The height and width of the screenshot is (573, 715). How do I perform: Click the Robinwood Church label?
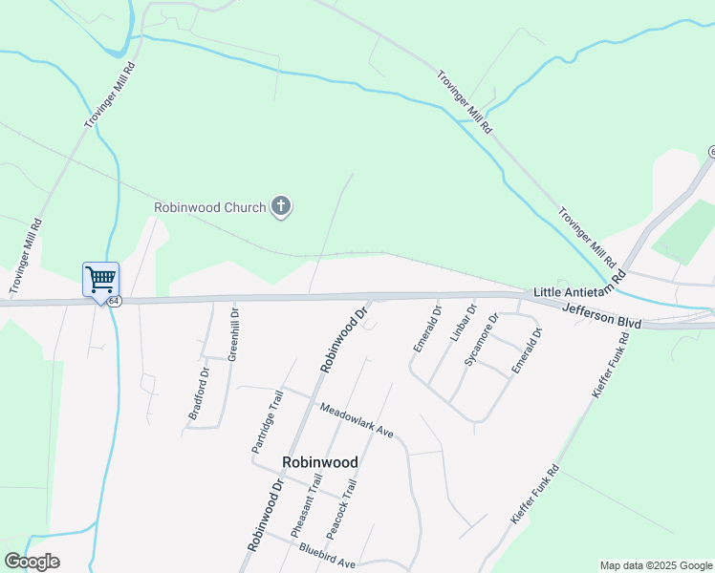(x=210, y=206)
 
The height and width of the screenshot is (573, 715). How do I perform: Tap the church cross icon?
(x=281, y=205)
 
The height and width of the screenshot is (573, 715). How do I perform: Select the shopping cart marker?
(x=100, y=280)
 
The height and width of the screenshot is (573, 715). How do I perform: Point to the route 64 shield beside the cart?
(x=115, y=300)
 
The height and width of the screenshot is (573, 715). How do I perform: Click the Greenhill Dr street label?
(x=233, y=333)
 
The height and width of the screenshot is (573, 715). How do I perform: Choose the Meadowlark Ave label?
(x=357, y=418)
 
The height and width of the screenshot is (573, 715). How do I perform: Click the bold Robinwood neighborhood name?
(x=320, y=462)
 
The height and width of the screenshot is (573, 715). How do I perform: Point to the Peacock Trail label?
(x=340, y=508)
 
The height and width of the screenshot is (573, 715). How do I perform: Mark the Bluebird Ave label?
(x=327, y=557)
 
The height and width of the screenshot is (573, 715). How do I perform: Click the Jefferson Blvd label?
(x=601, y=314)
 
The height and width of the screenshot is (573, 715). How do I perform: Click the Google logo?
(x=32, y=562)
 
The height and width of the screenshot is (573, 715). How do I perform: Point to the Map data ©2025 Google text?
(x=656, y=565)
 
